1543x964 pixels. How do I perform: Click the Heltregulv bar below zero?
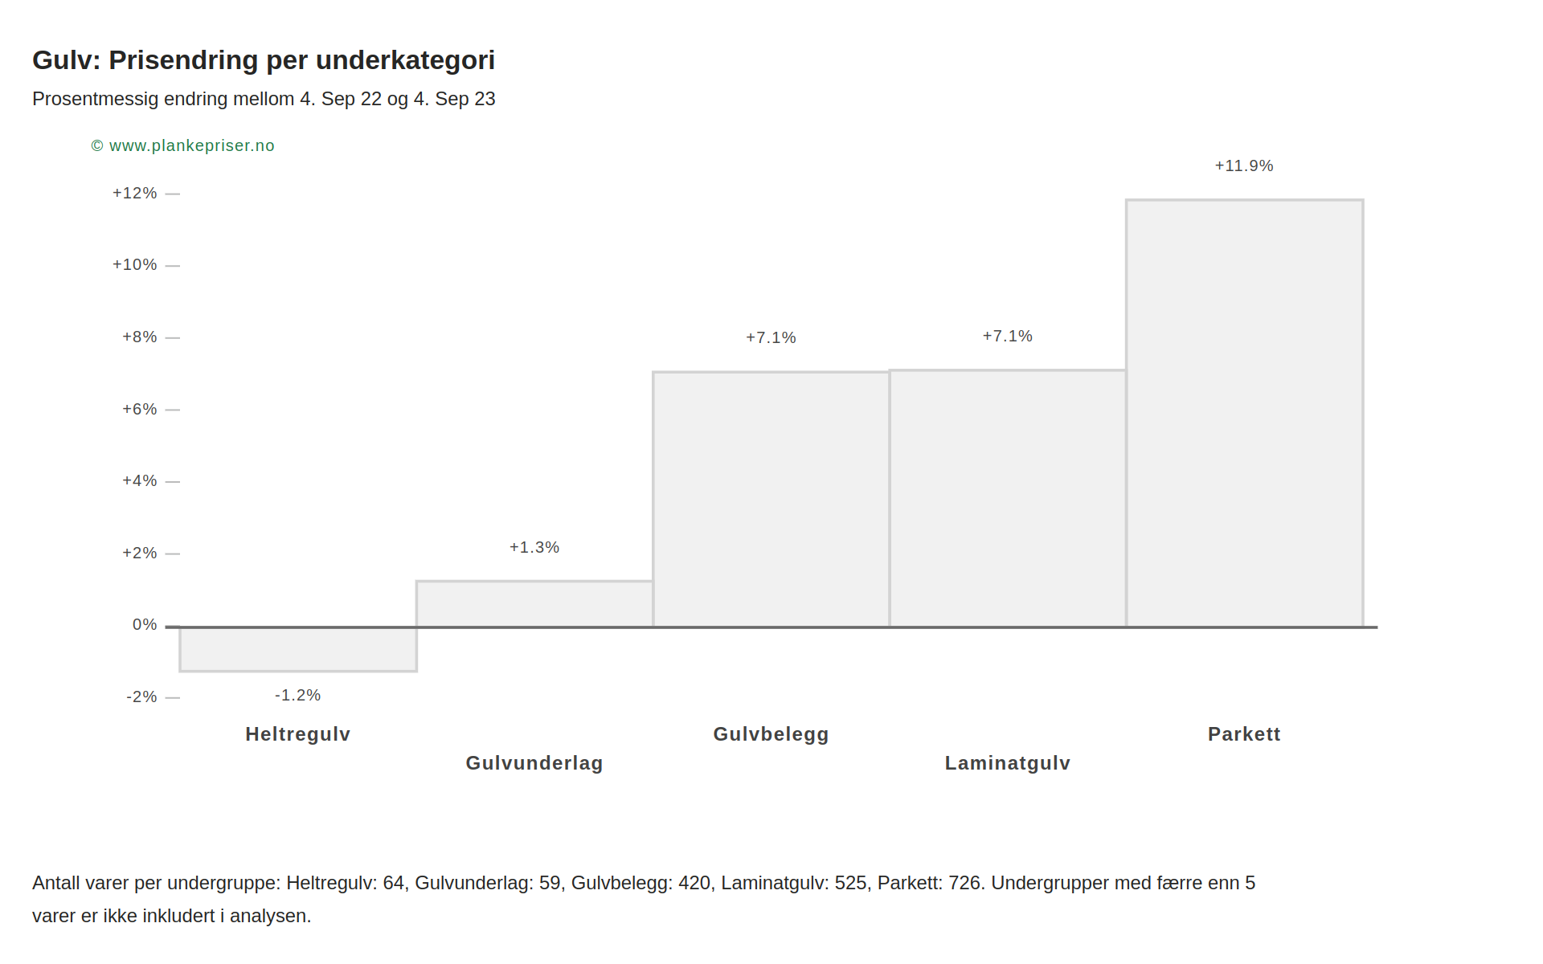[298, 649]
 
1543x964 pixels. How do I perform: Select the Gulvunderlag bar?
[534, 604]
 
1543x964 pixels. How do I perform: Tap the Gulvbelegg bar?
[771, 499]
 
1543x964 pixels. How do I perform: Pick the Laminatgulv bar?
[1008, 498]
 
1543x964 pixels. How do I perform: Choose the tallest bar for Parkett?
[1244, 413]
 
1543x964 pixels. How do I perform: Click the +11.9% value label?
[1244, 166]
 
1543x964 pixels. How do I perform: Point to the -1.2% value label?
[298, 696]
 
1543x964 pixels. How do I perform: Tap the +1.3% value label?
[534, 548]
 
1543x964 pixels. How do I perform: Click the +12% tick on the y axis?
[135, 194]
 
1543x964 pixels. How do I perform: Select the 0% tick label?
[145, 625]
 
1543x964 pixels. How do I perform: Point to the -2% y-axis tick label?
[141, 697]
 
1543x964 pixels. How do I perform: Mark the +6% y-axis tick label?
[140, 410]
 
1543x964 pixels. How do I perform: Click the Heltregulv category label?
[298, 734]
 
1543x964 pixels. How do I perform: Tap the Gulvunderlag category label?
[534, 763]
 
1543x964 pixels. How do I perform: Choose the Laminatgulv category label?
[1008, 763]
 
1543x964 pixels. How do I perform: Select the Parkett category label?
[1244, 734]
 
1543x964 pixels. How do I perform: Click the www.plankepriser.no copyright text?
[191, 146]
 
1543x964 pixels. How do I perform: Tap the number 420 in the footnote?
[694, 884]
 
